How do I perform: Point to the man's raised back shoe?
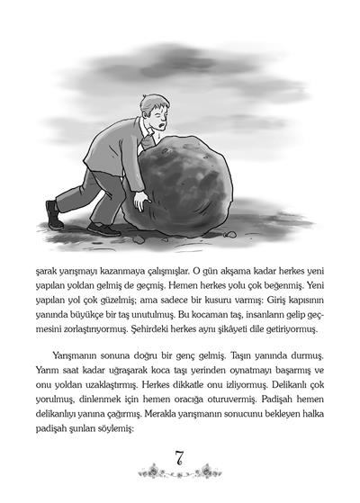coord(55,214)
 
